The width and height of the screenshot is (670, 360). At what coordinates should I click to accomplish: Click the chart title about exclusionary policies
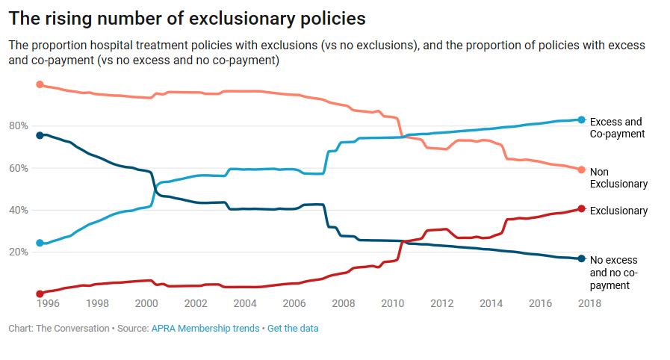(187, 17)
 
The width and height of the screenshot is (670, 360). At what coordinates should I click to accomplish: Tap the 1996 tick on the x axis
(48, 303)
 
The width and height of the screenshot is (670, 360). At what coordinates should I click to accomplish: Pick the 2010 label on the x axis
(392, 303)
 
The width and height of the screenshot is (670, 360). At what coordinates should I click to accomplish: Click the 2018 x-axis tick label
(589, 303)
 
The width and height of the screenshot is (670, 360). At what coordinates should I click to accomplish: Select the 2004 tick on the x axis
(245, 303)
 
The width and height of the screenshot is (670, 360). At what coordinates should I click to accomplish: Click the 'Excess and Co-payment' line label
(616, 128)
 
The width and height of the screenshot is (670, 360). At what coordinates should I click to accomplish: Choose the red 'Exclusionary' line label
(618, 211)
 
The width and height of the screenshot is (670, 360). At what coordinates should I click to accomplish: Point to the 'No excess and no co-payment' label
(614, 273)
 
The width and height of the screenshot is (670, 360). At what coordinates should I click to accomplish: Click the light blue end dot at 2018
(581, 120)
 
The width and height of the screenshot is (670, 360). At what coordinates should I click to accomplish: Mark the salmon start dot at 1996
(40, 84)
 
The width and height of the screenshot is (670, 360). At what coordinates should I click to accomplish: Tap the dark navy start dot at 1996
(40, 135)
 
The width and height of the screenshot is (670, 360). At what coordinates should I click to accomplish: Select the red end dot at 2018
(581, 209)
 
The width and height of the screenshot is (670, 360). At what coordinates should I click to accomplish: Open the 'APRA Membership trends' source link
(205, 329)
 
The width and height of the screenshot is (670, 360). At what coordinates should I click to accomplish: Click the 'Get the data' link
(293, 329)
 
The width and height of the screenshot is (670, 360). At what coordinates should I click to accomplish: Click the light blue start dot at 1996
(40, 243)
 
